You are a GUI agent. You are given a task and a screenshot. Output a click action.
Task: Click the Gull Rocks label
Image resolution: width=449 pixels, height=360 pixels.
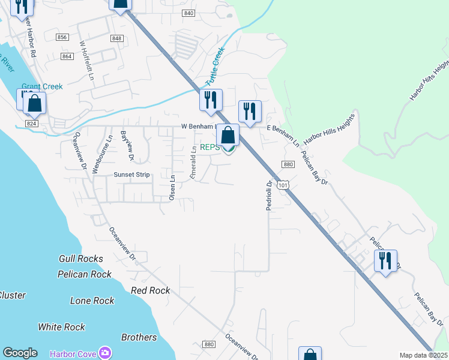[x=80, y=259]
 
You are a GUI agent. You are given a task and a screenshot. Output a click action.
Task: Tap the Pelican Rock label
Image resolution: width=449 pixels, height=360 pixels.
[x=85, y=274]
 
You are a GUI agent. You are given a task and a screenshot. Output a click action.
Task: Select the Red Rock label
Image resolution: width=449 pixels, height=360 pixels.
[x=150, y=290]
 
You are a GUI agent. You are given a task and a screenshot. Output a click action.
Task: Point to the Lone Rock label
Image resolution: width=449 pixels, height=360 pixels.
[x=92, y=301]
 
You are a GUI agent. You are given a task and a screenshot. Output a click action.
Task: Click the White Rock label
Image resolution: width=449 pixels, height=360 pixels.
[x=61, y=327]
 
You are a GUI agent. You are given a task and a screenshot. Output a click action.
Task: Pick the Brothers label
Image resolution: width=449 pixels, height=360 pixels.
[x=139, y=337]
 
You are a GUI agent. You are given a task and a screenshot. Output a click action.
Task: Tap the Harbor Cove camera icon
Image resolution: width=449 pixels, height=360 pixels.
[x=106, y=353]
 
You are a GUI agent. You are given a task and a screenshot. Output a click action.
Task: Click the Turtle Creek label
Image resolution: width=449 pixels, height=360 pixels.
[x=215, y=66]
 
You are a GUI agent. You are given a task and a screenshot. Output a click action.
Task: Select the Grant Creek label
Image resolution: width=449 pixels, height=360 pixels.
[x=42, y=86]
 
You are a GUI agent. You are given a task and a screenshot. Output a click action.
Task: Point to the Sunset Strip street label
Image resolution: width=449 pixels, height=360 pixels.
[x=131, y=175]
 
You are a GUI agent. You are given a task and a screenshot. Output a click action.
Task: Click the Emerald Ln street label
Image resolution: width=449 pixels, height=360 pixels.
[x=193, y=163]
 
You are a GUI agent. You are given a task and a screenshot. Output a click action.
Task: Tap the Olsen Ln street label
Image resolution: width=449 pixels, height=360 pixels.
[x=172, y=188]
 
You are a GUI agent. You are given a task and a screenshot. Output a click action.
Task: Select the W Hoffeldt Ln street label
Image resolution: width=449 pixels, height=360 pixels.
[x=87, y=60]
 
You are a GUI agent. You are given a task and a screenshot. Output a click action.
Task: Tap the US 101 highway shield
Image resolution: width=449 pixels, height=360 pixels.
[x=282, y=185]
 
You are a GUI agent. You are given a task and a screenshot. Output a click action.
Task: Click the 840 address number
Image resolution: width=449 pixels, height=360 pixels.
[x=189, y=13]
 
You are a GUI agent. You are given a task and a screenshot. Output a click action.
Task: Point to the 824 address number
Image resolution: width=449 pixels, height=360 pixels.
[x=32, y=123]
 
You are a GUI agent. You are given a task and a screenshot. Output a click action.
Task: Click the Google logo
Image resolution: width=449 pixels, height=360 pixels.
[x=20, y=353]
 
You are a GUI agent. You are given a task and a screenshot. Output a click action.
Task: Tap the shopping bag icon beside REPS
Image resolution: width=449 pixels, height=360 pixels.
[x=228, y=135]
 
